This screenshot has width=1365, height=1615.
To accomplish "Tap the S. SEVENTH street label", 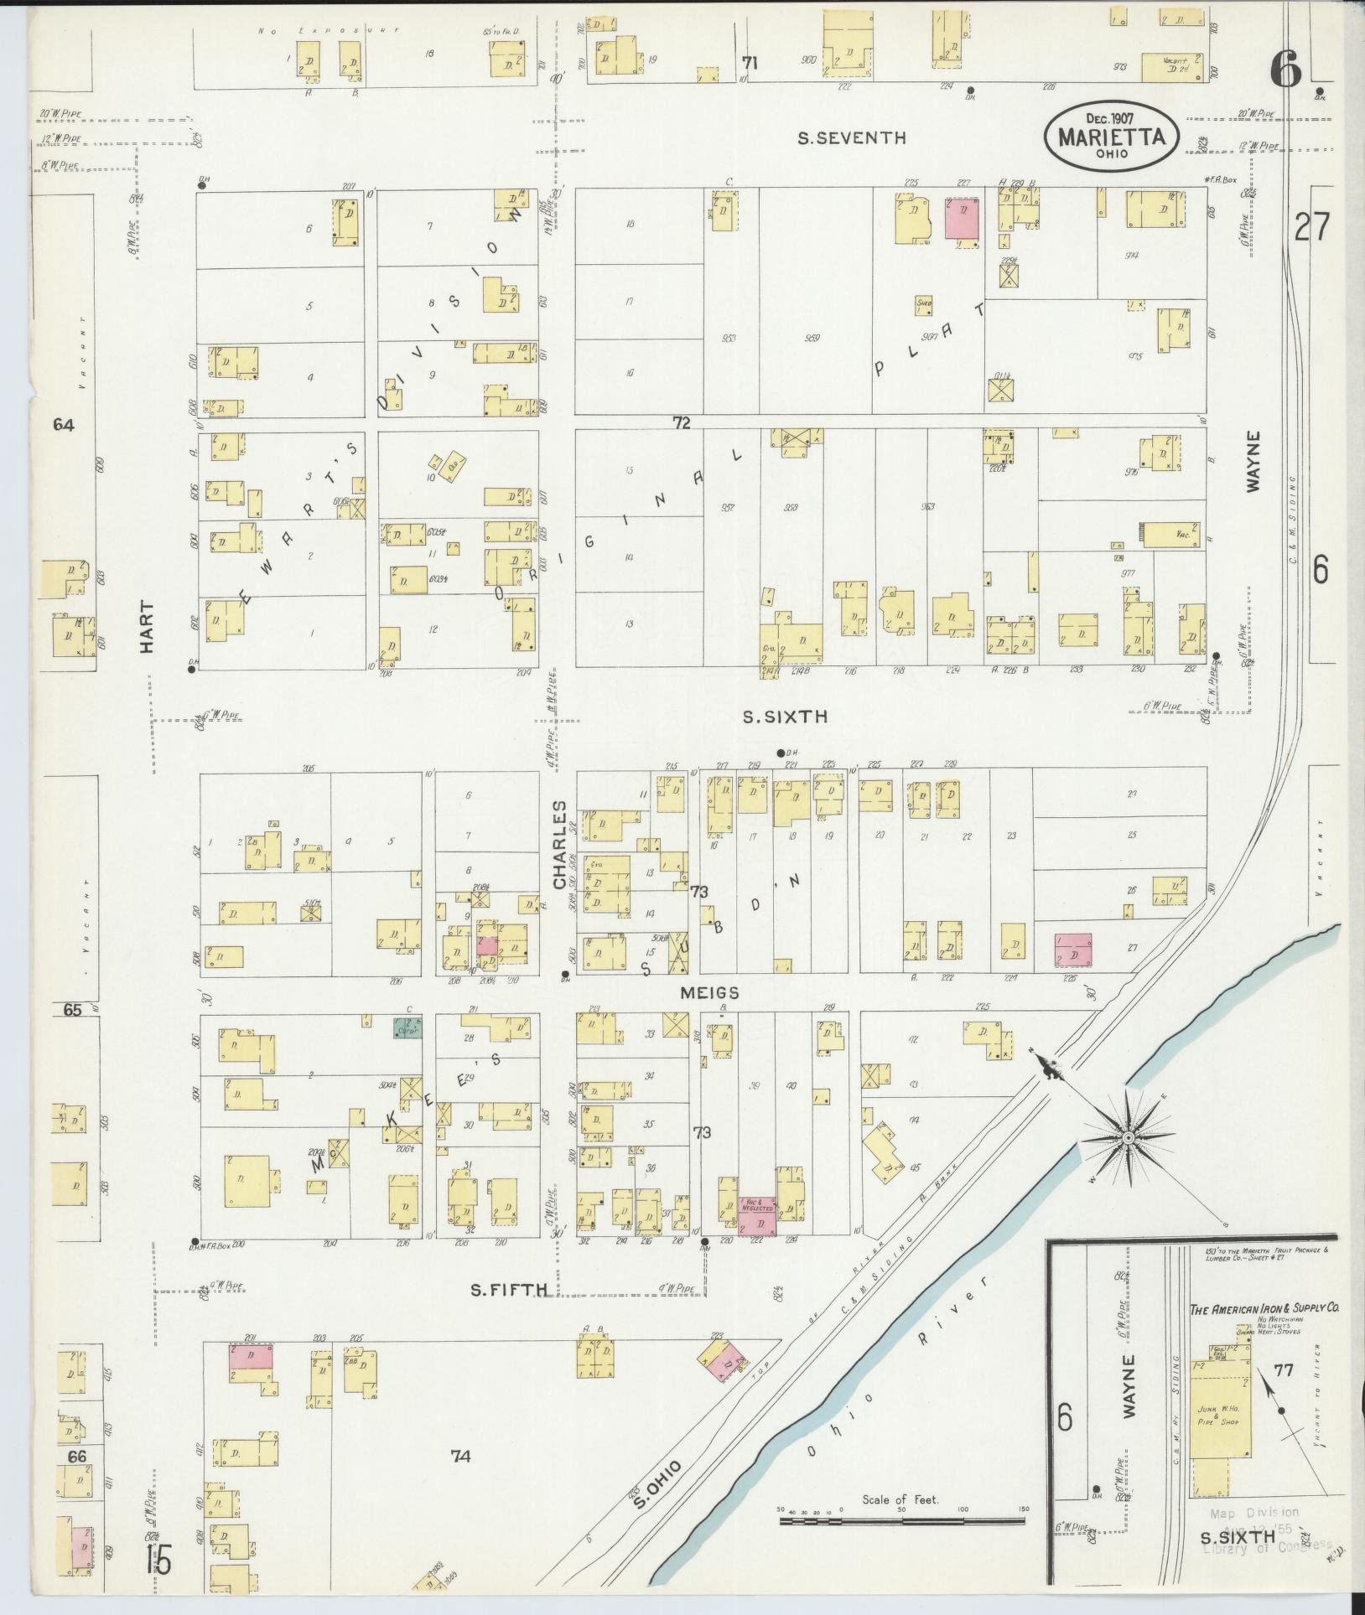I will (851, 138).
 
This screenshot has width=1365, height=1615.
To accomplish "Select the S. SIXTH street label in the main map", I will (786, 717).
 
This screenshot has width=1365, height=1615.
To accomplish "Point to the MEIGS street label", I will (709, 993).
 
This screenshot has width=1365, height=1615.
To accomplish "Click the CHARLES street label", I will (559, 844).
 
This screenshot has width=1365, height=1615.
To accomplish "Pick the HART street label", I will (148, 627).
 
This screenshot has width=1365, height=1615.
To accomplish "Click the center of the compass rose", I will (1129, 1137).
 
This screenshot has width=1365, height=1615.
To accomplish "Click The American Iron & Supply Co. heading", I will (1267, 1307).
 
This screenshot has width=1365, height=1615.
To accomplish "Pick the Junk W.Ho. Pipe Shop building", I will (1220, 1416).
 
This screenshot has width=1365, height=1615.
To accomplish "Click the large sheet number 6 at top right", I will (1286, 70).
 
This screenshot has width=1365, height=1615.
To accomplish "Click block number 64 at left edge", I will (64, 425).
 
